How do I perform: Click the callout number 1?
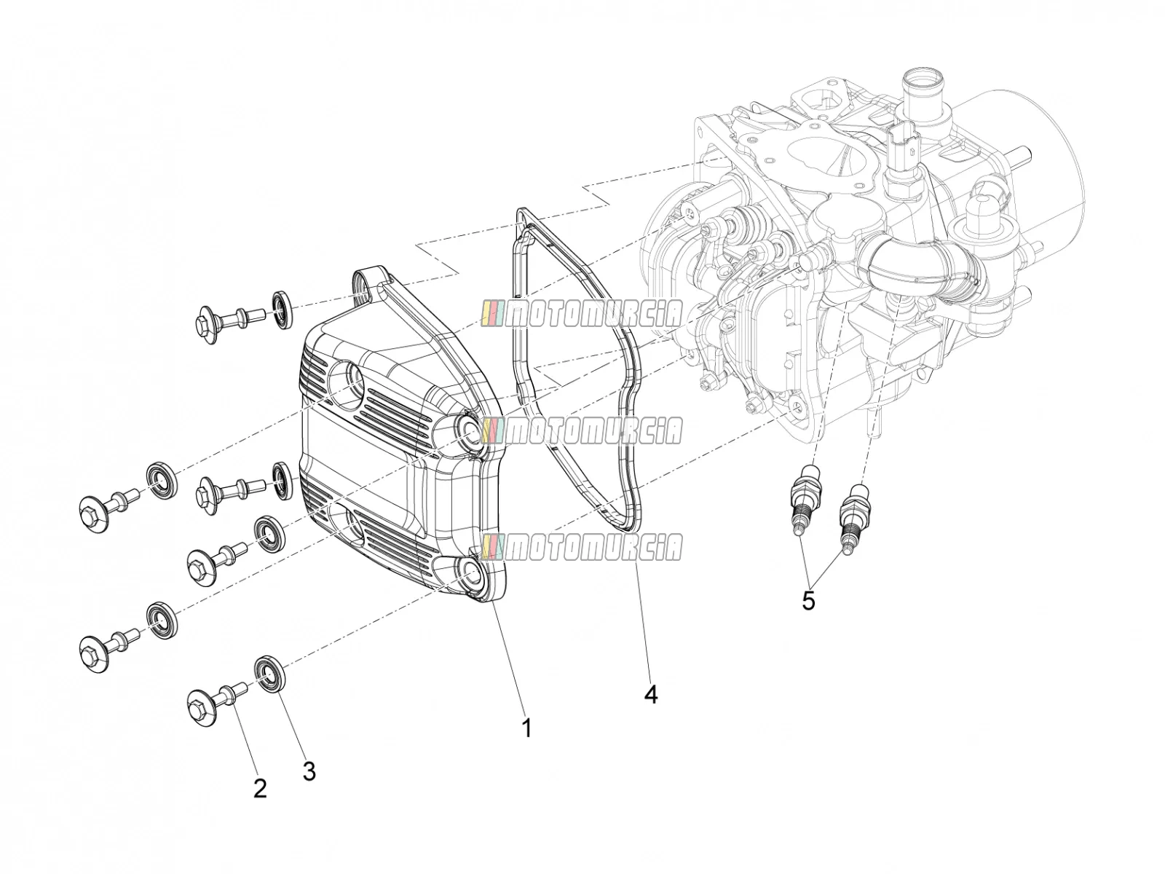[x=526, y=729]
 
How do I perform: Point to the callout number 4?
[x=651, y=694]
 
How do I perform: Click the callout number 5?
[x=808, y=602]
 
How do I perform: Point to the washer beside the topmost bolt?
[x=281, y=310]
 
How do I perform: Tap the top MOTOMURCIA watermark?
[x=581, y=314]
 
